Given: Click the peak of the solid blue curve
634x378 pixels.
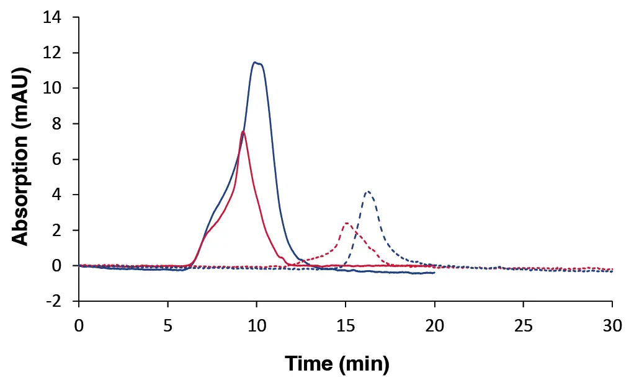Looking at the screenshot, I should point(256,62).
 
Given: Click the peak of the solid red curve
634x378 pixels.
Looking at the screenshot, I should point(243,131).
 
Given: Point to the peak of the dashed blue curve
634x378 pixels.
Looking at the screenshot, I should point(368,191).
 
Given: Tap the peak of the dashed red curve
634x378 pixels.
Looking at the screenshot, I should point(346,223).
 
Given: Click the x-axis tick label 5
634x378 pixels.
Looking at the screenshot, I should point(167,327).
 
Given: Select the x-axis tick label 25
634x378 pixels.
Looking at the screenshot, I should point(523,327).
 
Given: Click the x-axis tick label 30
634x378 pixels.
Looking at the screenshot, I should point(612,327).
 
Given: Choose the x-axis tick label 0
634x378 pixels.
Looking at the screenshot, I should point(79,327).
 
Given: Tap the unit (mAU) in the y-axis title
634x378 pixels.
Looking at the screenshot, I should point(22,92).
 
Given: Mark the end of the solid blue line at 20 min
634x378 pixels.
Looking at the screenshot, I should point(434,273).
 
